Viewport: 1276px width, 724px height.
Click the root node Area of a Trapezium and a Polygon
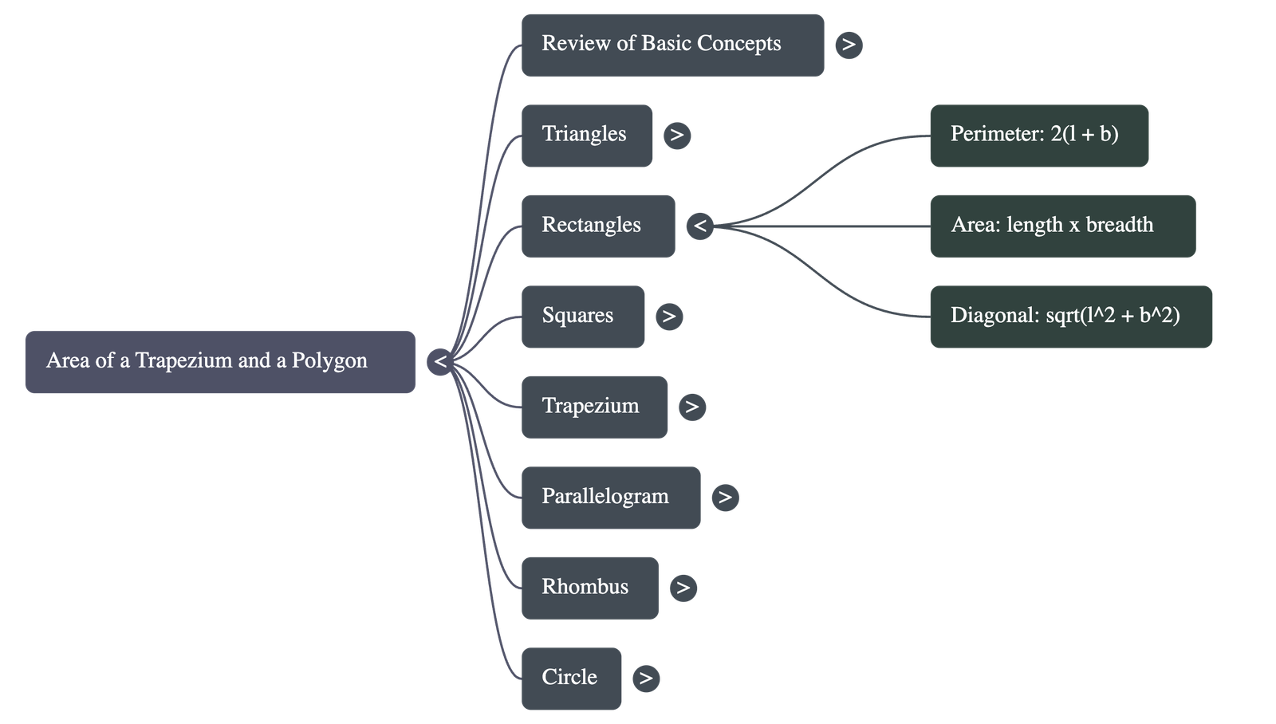[220, 361]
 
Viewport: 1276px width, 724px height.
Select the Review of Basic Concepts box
[672, 45]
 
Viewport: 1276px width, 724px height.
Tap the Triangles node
[587, 135]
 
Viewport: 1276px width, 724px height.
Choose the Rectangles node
[598, 226]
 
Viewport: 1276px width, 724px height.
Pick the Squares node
[583, 316]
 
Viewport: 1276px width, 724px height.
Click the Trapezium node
[594, 407]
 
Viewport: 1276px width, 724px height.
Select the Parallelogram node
[611, 498]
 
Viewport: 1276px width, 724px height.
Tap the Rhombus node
[590, 588]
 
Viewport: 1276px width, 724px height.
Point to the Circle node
[571, 678]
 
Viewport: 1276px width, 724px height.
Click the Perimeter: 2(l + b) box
[1038, 135]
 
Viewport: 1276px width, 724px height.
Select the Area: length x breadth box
[1062, 226]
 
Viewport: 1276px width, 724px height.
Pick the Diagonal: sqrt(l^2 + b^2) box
[1070, 316]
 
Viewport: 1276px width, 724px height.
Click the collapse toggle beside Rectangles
[700, 226]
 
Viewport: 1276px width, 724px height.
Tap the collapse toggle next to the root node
[440, 362]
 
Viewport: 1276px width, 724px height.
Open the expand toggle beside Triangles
[677, 135]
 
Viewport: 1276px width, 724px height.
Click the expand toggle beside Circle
[646, 679]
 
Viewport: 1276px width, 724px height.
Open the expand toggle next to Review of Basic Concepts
[849, 45]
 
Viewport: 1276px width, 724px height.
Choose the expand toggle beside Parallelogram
[725, 498]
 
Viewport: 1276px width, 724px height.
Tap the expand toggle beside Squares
[669, 317]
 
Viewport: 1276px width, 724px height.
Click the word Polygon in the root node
[329, 360]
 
